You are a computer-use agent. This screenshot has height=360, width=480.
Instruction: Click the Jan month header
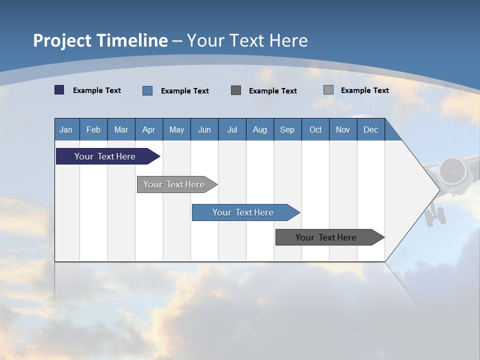pyautogui.click(x=66, y=129)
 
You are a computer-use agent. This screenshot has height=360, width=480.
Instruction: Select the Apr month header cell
pyautogui.click(x=148, y=129)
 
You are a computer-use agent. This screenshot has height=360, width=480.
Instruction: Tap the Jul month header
pyautogui.click(x=232, y=129)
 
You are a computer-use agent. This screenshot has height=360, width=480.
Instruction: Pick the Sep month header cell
pyautogui.click(x=287, y=129)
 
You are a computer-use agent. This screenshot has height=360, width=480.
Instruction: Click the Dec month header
pyautogui.click(x=370, y=129)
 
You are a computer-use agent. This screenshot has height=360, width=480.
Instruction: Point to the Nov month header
pyautogui.click(x=342, y=129)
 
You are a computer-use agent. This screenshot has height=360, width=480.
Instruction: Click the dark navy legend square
pyautogui.click(x=59, y=90)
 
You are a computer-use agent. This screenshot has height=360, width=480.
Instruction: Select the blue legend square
pyautogui.click(x=147, y=90)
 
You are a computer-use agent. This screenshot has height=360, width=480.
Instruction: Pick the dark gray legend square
pyautogui.click(x=235, y=90)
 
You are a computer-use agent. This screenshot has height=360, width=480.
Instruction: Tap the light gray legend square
pyautogui.click(x=328, y=90)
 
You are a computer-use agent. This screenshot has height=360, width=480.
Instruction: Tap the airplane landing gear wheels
pyautogui.click(x=435, y=216)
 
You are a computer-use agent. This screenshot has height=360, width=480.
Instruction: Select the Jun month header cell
pyautogui.click(x=204, y=129)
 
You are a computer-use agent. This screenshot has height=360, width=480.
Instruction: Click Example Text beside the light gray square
pyautogui.click(x=364, y=90)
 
